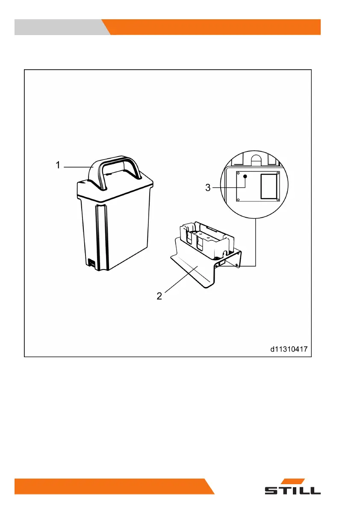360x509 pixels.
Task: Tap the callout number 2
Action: [x=159, y=296]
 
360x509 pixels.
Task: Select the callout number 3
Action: [x=208, y=187]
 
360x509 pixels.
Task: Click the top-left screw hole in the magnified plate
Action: [x=238, y=173]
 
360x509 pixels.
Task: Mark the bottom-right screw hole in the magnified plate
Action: [x=278, y=199]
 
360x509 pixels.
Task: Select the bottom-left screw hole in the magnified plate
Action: [x=239, y=199]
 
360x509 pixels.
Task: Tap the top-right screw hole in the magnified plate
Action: [x=278, y=173]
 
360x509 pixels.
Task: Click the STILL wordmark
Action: [x=292, y=490]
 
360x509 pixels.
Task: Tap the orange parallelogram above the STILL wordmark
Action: [x=296, y=481]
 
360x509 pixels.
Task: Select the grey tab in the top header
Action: [x=60, y=27]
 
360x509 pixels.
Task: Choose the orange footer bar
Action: [x=111, y=486]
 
